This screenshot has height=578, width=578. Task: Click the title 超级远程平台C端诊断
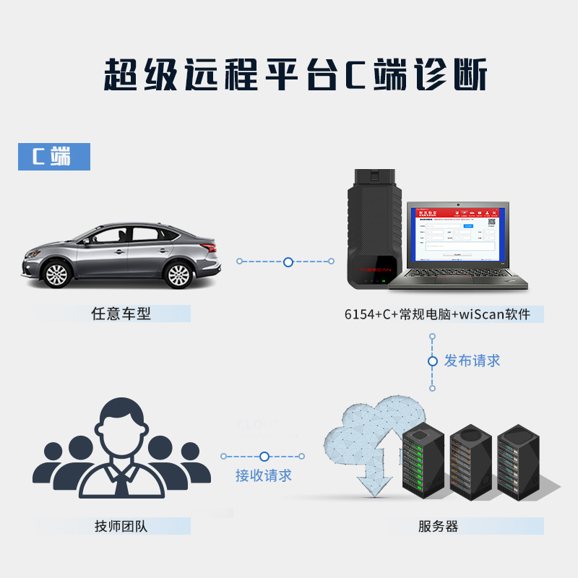(289, 75)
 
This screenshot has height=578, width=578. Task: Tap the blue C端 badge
(54, 157)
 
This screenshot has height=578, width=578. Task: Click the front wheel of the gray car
(56, 274)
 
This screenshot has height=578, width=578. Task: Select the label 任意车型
(121, 314)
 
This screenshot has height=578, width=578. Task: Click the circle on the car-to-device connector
(288, 262)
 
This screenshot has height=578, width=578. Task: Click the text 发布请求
(472, 361)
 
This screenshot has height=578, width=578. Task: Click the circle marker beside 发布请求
(433, 361)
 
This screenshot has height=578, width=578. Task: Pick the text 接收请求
(264, 475)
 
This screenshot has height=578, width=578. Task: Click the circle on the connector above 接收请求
(264, 457)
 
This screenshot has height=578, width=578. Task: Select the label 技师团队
(121, 526)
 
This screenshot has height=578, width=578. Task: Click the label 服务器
(438, 526)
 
